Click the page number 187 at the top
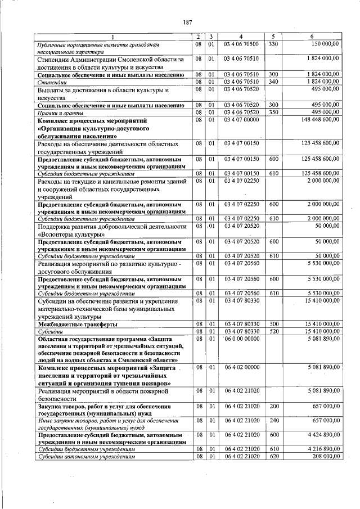point(187,22)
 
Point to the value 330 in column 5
point(273,43)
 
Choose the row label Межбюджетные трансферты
point(77,325)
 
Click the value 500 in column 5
point(273,325)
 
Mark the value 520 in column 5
point(273,332)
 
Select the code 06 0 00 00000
point(241,339)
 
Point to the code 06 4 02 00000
point(241,367)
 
